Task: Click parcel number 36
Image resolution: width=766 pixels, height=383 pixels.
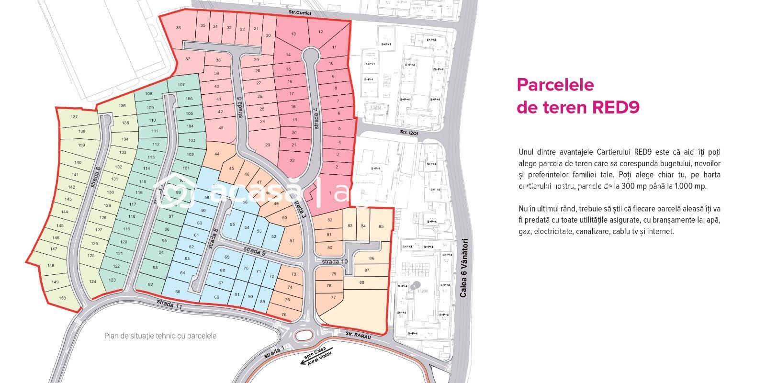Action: [x=179, y=28]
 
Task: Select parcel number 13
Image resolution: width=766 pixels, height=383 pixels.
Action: [x=293, y=34]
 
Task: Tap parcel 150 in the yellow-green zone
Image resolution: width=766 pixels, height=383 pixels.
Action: [x=62, y=298]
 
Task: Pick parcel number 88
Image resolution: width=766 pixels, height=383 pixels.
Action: [x=361, y=282]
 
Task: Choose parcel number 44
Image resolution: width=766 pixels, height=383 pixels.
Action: [x=217, y=154]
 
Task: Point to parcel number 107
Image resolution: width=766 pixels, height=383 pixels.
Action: [x=181, y=85]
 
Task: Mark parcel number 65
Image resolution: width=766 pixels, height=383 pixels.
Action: [x=178, y=292]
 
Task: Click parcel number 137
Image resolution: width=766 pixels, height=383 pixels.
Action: [x=74, y=117]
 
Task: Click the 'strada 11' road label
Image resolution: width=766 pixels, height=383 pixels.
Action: [x=169, y=304]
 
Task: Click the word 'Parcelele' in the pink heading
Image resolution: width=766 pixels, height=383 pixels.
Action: [x=555, y=85]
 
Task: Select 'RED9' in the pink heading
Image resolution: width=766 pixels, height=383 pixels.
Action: [x=616, y=107]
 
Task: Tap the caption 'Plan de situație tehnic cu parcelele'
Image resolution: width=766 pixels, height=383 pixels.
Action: [x=160, y=336]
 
